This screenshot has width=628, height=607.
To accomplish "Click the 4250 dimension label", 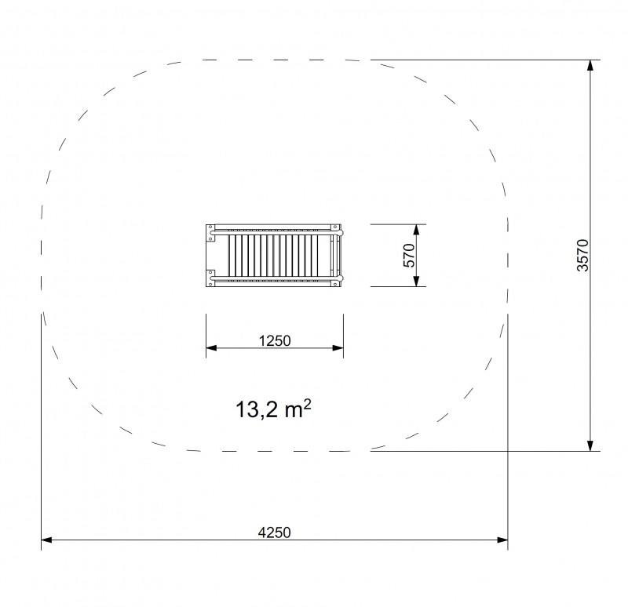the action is click(274, 532).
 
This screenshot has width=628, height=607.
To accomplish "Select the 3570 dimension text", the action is click(582, 256).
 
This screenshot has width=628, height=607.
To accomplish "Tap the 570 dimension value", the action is click(409, 256).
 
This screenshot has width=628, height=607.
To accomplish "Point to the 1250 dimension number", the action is click(275, 341).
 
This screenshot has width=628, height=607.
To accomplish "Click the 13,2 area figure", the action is click(257, 409).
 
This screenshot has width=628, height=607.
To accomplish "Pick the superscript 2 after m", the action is click(307, 404).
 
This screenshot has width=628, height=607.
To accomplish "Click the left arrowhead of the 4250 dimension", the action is click(46, 540).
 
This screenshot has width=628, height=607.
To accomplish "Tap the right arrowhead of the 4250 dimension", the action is click(502, 540).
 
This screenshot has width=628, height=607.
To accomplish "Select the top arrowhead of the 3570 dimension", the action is click(590, 65).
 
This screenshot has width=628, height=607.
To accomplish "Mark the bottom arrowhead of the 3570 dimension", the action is click(590, 445).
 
